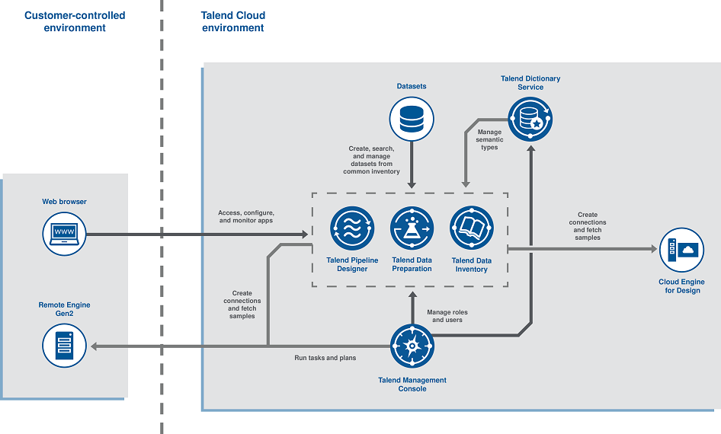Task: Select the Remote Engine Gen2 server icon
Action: click(x=64, y=346)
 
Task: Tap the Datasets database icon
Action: click(x=412, y=120)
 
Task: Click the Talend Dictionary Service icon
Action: click(x=530, y=120)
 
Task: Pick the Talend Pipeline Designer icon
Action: click(x=352, y=228)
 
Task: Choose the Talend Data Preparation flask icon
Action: click(x=412, y=228)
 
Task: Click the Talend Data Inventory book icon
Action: click(x=472, y=228)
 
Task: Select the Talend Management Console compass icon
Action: click(x=412, y=346)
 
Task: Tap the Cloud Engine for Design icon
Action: click(x=681, y=250)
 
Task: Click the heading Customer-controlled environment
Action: click(x=75, y=21)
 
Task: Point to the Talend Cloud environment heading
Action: click(x=233, y=21)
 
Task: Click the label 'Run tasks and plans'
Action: click(x=325, y=357)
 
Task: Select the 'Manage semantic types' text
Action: click(x=489, y=139)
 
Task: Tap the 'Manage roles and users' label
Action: click(x=447, y=316)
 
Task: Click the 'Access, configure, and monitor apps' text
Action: click(x=246, y=216)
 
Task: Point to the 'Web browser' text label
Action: click(x=64, y=202)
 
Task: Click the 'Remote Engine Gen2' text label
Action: click(x=64, y=309)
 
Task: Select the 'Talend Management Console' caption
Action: click(x=412, y=385)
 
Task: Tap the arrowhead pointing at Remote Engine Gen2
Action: click(x=95, y=346)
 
